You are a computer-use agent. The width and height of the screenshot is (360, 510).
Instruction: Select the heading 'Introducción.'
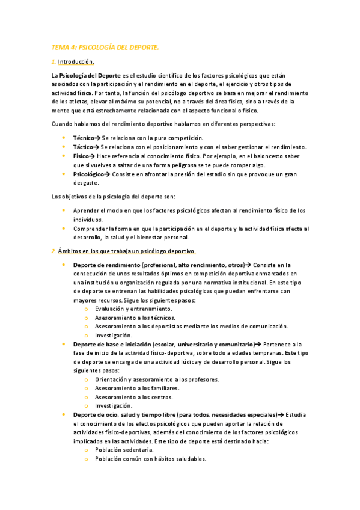click(76, 62)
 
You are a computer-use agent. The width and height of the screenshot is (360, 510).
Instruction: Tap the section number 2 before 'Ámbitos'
click(53, 251)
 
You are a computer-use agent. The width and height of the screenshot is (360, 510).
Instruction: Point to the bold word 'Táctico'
click(83, 147)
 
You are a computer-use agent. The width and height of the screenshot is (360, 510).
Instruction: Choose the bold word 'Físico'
click(82, 155)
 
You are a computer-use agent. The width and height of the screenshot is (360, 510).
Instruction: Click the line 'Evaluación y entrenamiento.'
click(129, 309)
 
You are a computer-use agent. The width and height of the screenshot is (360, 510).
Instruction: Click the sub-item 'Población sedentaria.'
click(124, 450)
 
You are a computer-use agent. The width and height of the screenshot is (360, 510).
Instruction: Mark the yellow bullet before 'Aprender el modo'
click(64, 210)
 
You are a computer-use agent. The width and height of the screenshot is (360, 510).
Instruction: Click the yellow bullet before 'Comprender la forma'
click(64, 229)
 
